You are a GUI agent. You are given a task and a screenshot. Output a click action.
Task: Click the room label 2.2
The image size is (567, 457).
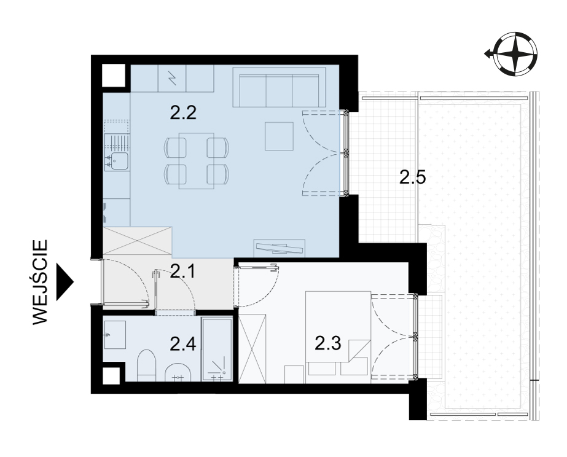click(183, 113)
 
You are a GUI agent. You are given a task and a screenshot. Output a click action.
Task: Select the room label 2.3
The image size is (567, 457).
click(328, 343)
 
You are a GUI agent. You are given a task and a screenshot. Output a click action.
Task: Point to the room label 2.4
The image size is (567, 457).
click(183, 344)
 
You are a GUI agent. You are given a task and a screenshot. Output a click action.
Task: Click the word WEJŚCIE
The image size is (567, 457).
click(40, 282)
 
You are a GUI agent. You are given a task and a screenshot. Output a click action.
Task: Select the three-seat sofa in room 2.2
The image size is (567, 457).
click(279, 87)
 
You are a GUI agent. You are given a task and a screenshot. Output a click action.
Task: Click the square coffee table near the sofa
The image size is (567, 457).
click(279, 136)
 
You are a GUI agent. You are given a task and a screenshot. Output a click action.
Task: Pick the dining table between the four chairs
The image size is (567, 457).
click(197, 161)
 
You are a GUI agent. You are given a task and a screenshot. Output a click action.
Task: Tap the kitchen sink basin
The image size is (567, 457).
click(119, 161)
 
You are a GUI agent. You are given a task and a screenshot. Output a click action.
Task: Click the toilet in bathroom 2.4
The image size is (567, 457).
click(146, 365)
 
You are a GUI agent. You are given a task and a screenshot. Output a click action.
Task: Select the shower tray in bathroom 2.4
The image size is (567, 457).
click(217, 350)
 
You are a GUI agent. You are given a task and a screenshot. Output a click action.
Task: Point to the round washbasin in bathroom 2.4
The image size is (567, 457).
click(178, 372)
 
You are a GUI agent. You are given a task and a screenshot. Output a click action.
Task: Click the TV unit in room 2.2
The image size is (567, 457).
click(280, 248)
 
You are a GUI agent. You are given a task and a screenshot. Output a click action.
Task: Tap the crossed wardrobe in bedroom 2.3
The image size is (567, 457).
click(252, 348)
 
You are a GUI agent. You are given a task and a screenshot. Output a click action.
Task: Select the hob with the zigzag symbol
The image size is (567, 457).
click(172, 78)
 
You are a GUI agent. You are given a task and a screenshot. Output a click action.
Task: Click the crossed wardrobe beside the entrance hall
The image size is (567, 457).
click(137, 240)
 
